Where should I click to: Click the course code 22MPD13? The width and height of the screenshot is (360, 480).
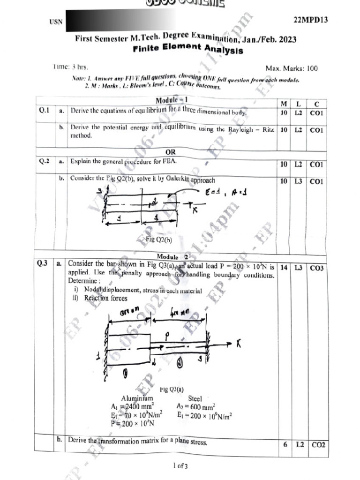(x=310, y=20)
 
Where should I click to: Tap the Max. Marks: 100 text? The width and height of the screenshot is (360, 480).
(x=291, y=68)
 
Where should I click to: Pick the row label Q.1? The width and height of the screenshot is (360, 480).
(x=45, y=111)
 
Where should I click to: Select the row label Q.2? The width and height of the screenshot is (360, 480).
(x=45, y=161)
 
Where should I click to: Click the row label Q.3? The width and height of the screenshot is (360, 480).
(x=43, y=263)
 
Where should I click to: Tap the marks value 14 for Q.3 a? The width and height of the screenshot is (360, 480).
(x=284, y=268)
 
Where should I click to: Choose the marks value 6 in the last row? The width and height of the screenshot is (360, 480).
(x=285, y=444)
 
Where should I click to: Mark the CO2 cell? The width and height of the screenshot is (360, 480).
(x=318, y=444)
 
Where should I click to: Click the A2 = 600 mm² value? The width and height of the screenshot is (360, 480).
(x=196, y=406)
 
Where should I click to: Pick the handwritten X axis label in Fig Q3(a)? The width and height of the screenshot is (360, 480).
(x=239, y=345)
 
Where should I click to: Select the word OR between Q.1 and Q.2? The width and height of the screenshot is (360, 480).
(x=171, y=152)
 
